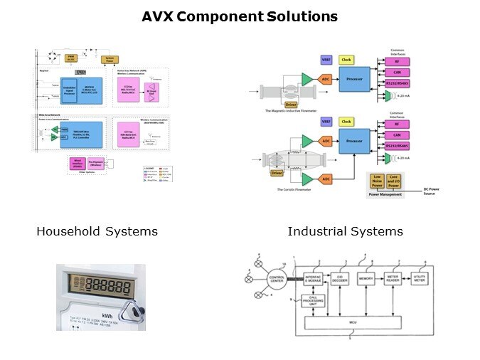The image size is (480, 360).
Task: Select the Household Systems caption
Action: tap(97, 231)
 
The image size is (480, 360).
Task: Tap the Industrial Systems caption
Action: tap(345, 231)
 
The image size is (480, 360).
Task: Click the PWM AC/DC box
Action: tap(71, 58)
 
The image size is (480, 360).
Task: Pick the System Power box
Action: tap(110, 59)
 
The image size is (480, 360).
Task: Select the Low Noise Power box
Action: tap(376, 181)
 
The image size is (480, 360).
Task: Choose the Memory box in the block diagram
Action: tap(366, 278)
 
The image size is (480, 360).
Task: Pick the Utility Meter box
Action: tap(419, 278)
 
